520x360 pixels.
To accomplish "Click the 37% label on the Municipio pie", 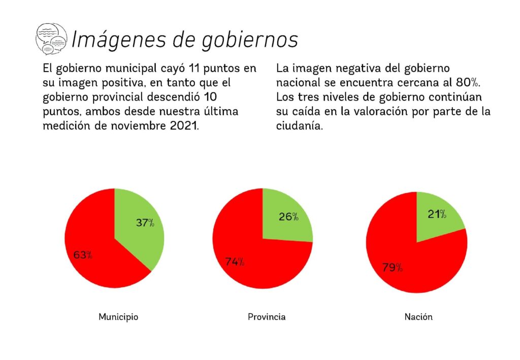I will point(145,222).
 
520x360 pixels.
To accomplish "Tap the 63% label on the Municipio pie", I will point(83,255).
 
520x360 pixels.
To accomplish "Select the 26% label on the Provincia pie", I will point(288,217).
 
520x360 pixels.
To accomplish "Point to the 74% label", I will point(235,262).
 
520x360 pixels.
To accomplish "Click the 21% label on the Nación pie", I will point(437,214).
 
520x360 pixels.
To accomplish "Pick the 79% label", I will point(393,267).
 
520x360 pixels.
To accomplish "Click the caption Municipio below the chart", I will point(118,317).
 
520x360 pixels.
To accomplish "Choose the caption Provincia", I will point(267,317).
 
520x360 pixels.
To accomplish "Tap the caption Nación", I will point(418,317).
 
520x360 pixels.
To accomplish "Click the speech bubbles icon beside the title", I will point(51,39).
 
